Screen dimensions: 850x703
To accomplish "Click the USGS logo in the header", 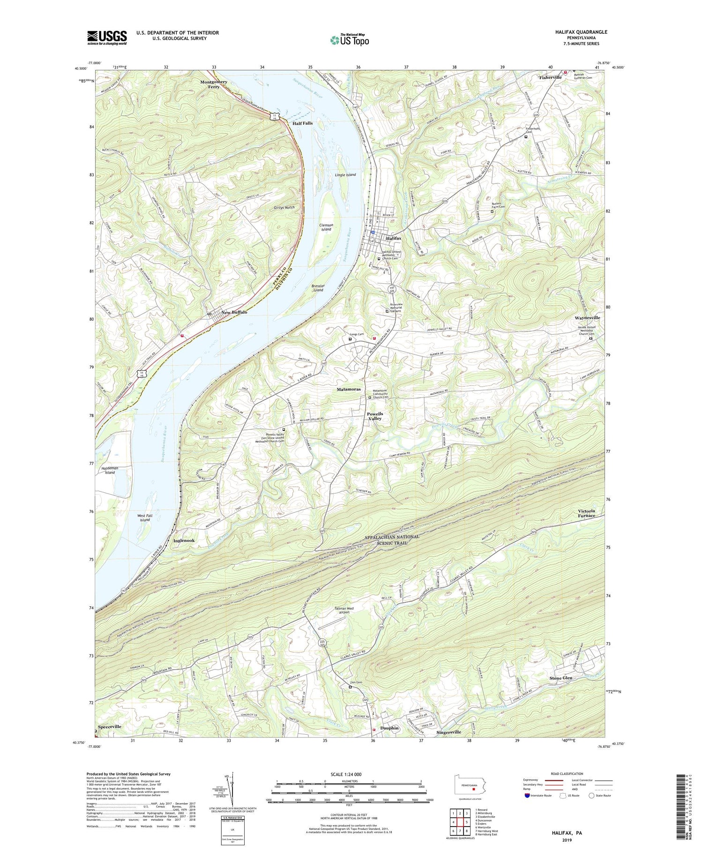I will (x=107, y=38).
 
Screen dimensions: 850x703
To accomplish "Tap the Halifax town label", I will (x=393, y=238).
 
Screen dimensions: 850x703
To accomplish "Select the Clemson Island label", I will (x=326, y=227).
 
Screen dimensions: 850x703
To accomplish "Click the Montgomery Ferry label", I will (x=214, y=84).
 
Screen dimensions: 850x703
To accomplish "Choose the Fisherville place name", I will (x=550, y=77).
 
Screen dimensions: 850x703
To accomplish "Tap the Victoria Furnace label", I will (x=586, y=513).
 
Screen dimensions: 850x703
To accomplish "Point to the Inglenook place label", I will (x=184, y=541).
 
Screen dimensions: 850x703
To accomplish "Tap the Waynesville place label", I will (x=587, y=318).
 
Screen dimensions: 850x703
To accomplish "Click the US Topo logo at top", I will (x=349, y=40).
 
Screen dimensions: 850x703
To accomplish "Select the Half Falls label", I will (x=302, y=123).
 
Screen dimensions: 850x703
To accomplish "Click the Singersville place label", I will (x=449, y=732).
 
